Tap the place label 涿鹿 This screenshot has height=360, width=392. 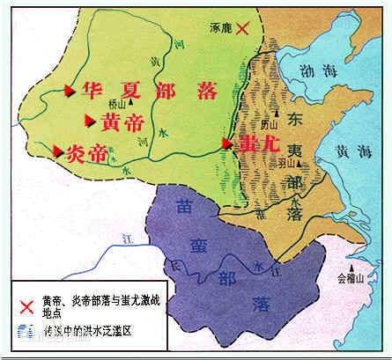(x=216, y=28)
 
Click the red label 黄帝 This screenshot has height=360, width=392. (x=117, y=121)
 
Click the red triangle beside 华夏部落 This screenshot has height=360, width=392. (x=69, y=90)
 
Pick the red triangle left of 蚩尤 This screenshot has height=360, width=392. (x=227, y=143)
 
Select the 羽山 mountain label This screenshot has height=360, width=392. (x=286, y=162)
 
